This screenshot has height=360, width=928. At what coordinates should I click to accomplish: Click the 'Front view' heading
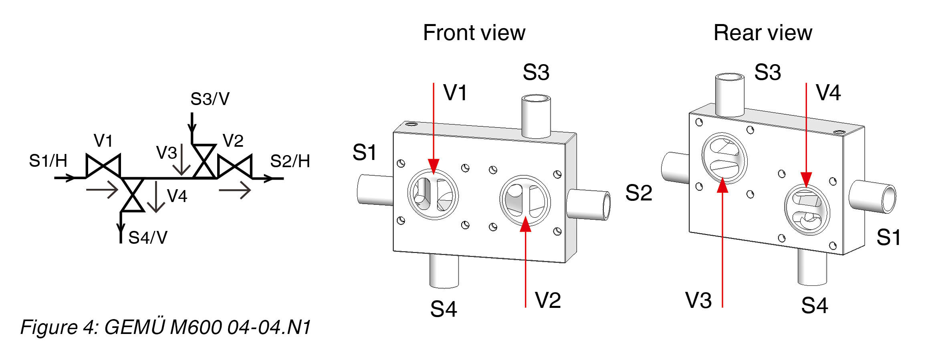(x=474, y=33)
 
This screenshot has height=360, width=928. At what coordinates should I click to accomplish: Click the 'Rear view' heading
(x=763, y=33)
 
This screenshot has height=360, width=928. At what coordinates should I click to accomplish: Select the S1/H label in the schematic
(x=48, y=161)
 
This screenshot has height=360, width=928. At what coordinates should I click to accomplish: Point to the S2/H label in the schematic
(x=290, y=161)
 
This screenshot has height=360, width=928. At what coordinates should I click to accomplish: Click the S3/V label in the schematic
(x=210, y=99)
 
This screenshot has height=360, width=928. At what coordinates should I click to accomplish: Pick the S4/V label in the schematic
(x=147, y=238)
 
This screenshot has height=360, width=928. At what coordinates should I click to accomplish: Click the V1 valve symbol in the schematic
(x=103, y=166)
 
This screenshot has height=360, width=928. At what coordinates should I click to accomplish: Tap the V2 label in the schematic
(x=233, y=141)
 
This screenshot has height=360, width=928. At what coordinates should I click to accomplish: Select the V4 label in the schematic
(x=177, y=196)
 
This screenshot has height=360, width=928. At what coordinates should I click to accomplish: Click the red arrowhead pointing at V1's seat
(x=434, y=166)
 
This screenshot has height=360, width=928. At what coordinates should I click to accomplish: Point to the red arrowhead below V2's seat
(x=525, y=225)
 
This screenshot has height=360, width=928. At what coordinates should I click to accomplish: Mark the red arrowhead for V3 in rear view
(x=722, y=186)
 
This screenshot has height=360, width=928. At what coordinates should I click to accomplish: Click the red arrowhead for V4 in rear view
(x=806, y=179)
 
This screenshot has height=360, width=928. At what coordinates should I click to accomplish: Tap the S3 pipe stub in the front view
(x=536, y=116)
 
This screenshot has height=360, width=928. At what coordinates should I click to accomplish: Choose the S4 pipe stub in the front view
(x=444, y=271)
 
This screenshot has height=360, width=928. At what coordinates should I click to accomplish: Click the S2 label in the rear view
(x=639, y=193)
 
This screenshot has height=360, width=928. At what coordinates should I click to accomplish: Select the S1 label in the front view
(x=364, y=153)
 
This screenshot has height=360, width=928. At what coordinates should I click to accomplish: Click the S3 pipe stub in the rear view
(x=730, y=95)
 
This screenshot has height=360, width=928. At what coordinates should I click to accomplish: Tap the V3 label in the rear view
(x=698, y=300)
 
